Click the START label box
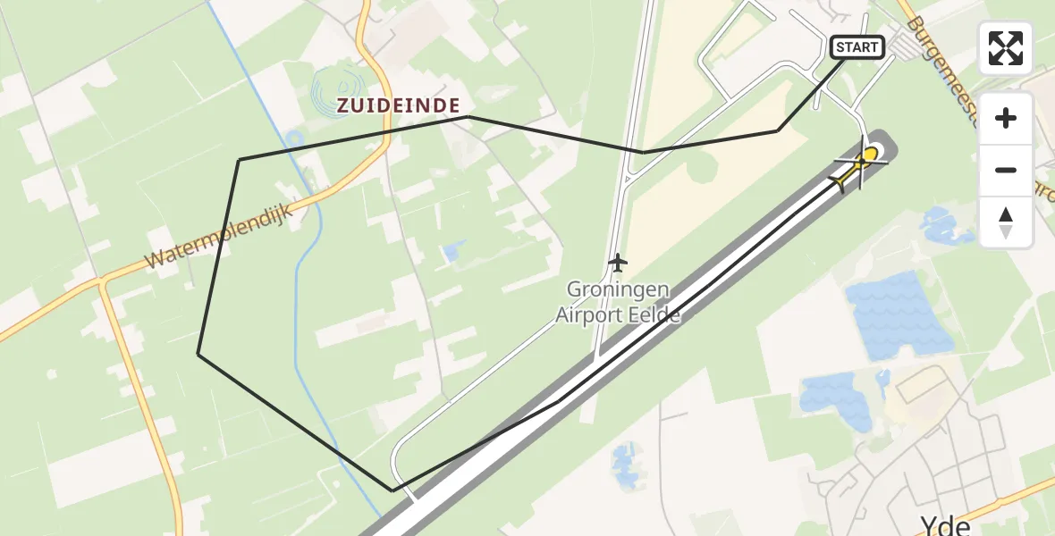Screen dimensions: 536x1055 tap(857, 47)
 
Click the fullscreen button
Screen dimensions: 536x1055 tap(1006, 48)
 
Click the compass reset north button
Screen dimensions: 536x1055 tap(1006, 222)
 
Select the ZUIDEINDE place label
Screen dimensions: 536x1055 tap(399, 105)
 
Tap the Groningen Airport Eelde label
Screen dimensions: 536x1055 tap(618, 302)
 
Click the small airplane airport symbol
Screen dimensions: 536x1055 tap(617, 263)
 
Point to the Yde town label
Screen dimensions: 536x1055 tap(945, 525)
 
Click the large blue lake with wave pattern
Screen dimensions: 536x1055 tap(898, 315)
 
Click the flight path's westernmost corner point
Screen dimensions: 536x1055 tap(198, 355)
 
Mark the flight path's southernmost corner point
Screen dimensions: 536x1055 tap(392, 490)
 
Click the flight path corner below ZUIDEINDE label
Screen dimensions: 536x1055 tap(468, 117)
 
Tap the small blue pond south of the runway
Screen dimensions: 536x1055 tap(624, 465)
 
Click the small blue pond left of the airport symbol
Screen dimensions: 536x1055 tap(452, 252)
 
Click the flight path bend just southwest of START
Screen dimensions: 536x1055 tap(778, 130)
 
